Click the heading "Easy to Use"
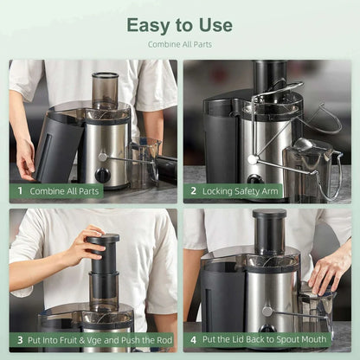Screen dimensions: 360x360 pos(179,24)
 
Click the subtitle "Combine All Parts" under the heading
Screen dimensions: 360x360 pos(179,44)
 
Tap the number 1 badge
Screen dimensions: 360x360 pos(19,191)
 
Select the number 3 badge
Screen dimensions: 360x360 pos(19,340)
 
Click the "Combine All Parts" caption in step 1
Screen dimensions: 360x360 pos(66,191)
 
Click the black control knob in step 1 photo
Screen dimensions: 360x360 pos(103,175)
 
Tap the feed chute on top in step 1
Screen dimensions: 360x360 pos(105,89)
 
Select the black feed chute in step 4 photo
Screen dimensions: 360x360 pos(269,232)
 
